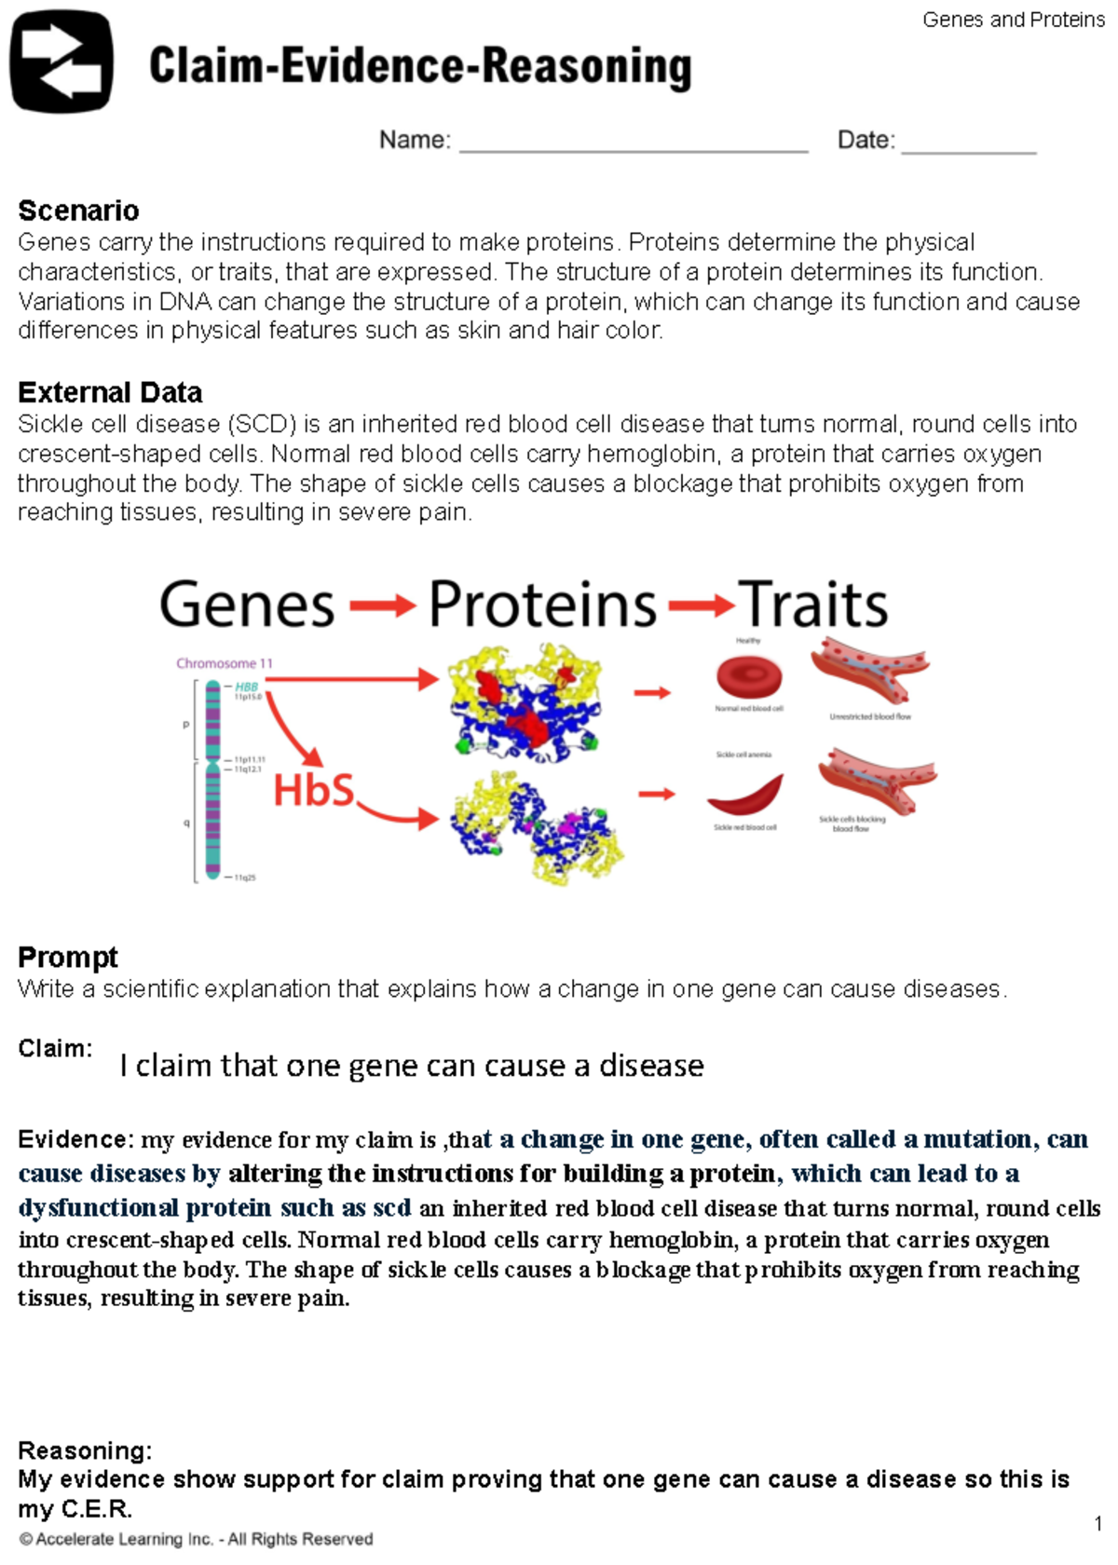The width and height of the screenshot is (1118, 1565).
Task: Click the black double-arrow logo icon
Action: point(61,61)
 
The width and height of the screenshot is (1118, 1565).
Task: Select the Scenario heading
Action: point(78,211)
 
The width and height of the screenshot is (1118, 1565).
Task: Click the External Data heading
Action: point(110,392)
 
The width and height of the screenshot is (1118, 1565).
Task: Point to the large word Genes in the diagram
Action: point(247,605)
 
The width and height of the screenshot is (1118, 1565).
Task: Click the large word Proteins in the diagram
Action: point(542,605)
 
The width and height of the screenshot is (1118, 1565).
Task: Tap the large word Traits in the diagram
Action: point(813,605)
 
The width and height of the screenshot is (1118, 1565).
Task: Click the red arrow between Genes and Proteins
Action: point(382,607)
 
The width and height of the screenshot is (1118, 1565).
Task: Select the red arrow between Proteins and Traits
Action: point(701,607)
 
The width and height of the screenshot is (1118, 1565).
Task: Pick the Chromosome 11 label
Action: point(225,663)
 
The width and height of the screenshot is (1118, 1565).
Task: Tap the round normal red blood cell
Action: point(749,677)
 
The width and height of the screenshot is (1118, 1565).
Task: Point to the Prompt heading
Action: point(68,957)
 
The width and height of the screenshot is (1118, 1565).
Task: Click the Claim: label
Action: point(55,1048)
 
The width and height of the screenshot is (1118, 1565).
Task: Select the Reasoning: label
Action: point(85,1450)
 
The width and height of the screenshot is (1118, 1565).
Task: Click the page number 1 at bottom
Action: point(1098,1524)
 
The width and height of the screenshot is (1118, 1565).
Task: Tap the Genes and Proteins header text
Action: point(1014,20)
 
